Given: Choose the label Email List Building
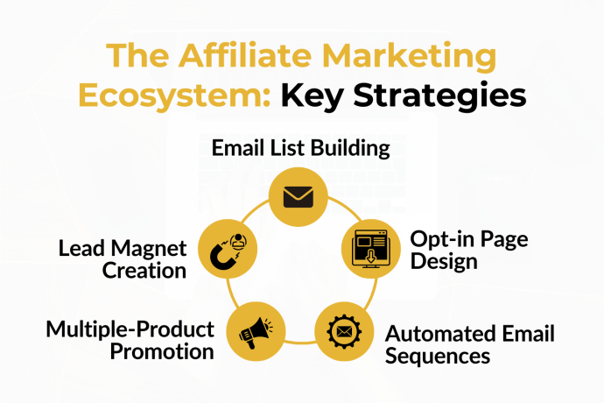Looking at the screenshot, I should click(x=300, y=147).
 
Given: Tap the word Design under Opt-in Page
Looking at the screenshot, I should click(x=444, y=262).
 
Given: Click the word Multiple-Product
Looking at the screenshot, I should click(x=130, y=330).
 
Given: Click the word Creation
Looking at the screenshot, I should click(x=144, y=272).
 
